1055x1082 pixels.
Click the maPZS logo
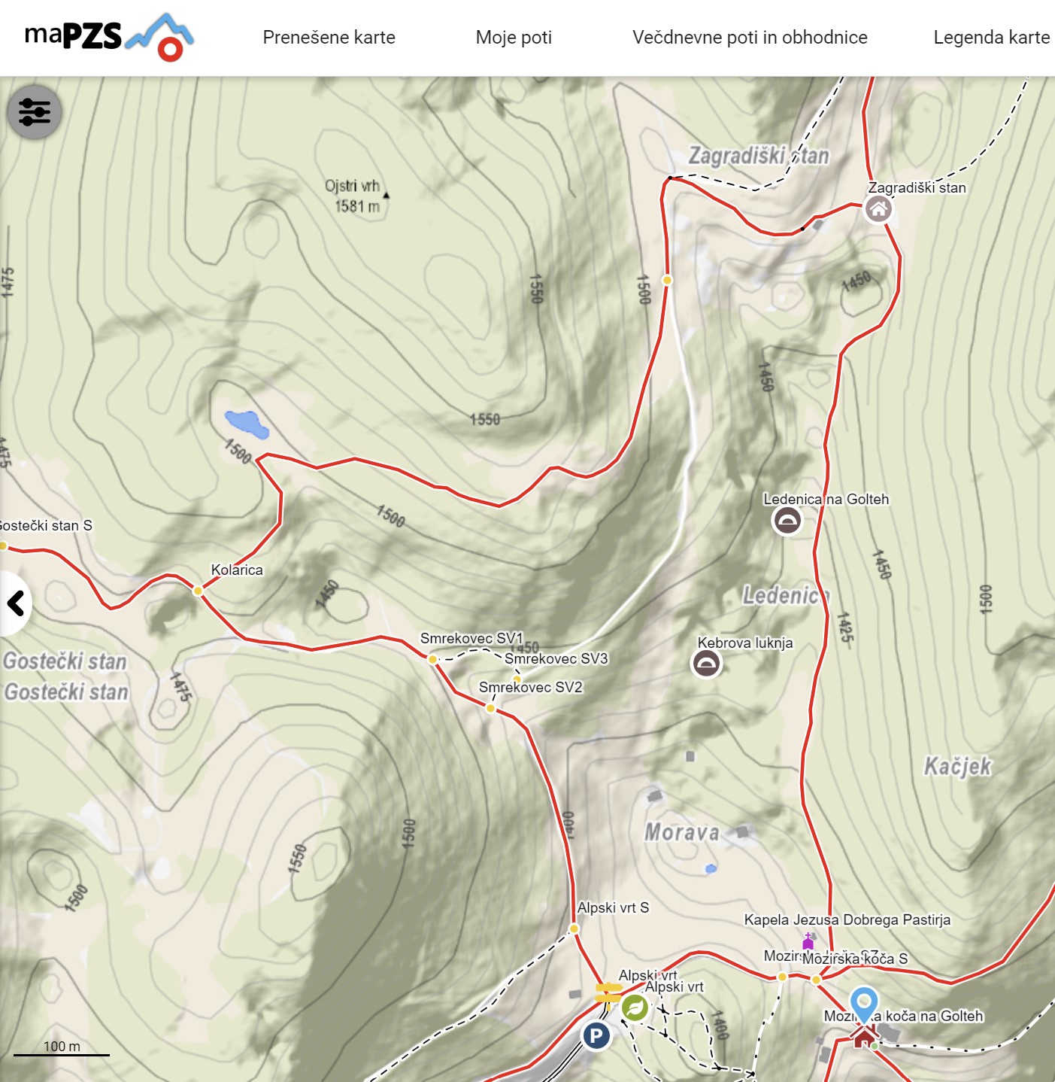coord(109,37)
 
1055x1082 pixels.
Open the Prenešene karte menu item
coord(329,38)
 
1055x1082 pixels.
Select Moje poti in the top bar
coord(514,38)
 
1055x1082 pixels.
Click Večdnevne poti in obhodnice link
coord(750,38)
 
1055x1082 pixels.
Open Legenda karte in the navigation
coord(991,38)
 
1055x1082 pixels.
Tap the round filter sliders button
coord(35,112)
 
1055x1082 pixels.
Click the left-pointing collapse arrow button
coord(15,603)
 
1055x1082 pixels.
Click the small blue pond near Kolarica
coord(247,424)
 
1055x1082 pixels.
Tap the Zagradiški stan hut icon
coord(878,209)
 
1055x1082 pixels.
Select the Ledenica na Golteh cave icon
coord(787,520)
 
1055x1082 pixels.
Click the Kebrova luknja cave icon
coord(706,663)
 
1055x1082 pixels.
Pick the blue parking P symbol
coord(596,1036)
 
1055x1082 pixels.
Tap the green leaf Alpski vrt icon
coord(635,1008)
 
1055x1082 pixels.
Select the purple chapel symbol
coord(808,941)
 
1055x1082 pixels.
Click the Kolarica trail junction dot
coord(198,591)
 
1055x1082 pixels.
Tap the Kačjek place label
coord(957,767)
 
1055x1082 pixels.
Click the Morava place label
coord(682,832)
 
